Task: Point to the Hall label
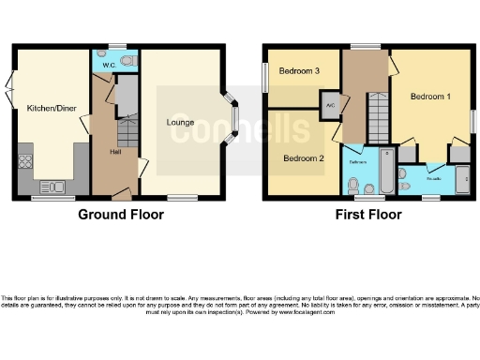(115, 151)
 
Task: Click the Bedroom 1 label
(430, 97)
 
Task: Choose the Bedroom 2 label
(304, 158)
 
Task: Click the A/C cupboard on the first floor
(330, 104)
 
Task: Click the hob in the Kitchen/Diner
(24, 162)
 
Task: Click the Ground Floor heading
(120, 215)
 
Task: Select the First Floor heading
(368, 215)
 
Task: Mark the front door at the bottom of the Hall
(121, 194)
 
